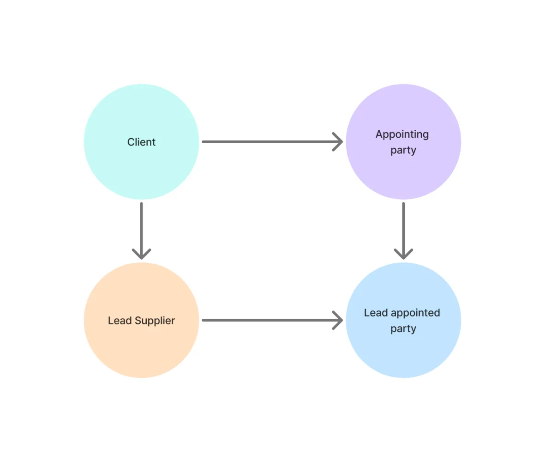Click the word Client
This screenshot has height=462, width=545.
pyautogui.click(x=141, y=142)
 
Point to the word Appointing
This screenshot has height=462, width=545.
pyautogui.click(x=402, y=134)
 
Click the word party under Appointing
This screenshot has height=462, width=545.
pyautogui.click(x=403, y=150)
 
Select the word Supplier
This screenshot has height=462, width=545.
pyautogui.click(x=155, y=321)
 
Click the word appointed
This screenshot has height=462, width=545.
pyautogui.click(x=415, y=313)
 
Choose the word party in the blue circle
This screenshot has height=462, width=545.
pyautogui.click(x=403, y=329)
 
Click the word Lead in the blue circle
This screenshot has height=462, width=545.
pyautogui.click(x=376, y=313)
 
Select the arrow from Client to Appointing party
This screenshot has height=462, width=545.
pyautogui.click(x=272, y=141)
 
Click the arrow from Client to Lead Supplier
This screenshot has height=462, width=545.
pyautogui.click(x=142, y=231)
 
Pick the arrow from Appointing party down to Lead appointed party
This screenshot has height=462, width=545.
pyautogui.click(x=403, y=231)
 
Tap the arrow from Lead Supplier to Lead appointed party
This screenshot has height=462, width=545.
pyautogui.click(x=272, y=320)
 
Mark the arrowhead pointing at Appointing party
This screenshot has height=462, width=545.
pyautogui.click(x=338, y=141)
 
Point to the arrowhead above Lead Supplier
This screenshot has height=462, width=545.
pyautogui.click(x=142, y=254)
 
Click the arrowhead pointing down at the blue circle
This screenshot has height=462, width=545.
pyautogui.click(x=403, y=254)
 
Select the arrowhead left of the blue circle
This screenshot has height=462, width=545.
pyautogui.click(x=338, y=320)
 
